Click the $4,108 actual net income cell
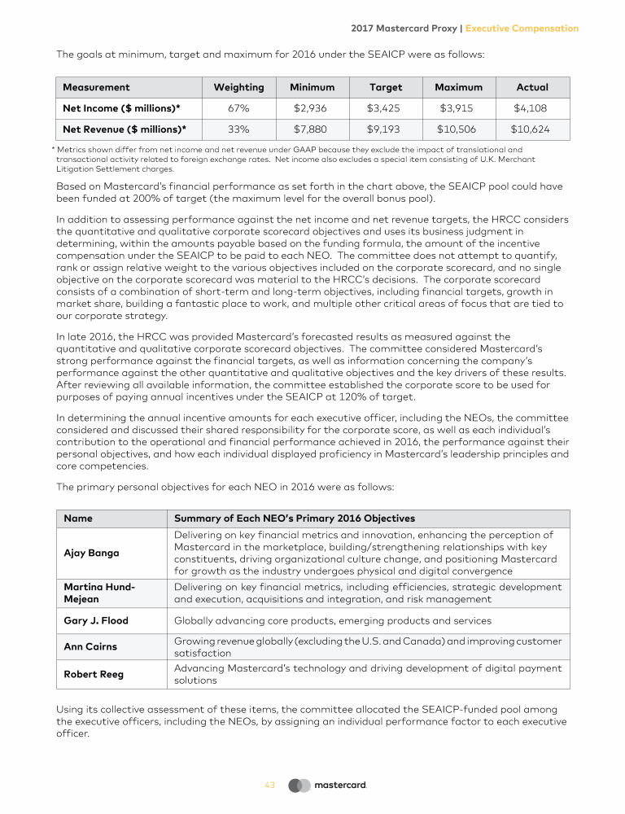click(532, 108)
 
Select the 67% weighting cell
click(238, 108)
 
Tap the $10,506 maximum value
click(458, 129)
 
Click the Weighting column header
click(238, 87)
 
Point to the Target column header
click(386, 87)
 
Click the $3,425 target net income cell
click(386, 108)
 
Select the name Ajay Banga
click(91, 554)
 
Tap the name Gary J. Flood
click(95, 620)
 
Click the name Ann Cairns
click(90, 647)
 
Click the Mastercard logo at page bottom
click(328, 786)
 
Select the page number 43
click(270, 786)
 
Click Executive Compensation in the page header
click(522, 28)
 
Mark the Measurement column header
click(96, 87)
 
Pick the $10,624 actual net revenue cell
click(532, 129)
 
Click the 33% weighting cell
click(238, 129)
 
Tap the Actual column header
click(532, 87)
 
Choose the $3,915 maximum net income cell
click(458, 108)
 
